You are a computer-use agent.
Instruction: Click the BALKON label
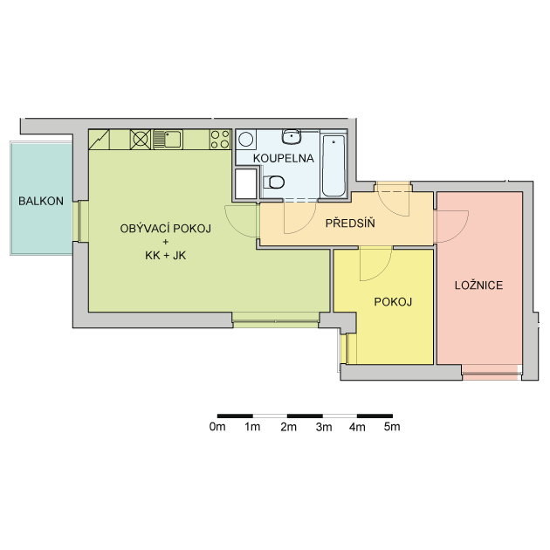[x=41, y=201]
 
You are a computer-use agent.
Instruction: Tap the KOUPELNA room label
[x=284, y=158]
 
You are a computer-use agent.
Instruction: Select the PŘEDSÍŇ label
[x=350, y=223]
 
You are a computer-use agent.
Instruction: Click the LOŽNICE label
[x=478, y=285]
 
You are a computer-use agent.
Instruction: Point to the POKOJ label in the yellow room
[x=393, y=302]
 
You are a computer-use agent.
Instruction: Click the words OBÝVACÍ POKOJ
[x=166, y=229]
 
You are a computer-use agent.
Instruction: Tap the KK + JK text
[x=166, y=255]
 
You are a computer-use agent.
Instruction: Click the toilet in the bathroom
[x=274, y=182]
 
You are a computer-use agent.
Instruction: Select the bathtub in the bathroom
[x=333, y=166]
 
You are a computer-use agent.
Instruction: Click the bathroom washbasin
[x=292, y=136]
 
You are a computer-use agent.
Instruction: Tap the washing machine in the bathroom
[x=246, y=140]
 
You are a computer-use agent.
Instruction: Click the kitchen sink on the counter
[x=168, y=140]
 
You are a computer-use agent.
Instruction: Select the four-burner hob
[x=220, y=140]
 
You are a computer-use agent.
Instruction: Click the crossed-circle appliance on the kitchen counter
[x=141, y=140]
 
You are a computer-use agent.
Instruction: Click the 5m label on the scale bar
[x=392, y=427]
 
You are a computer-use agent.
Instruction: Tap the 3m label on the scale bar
[x=323, y=427]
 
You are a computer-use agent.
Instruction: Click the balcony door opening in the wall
[x=80, y=222]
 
